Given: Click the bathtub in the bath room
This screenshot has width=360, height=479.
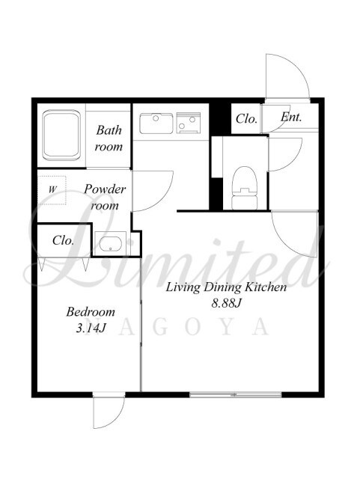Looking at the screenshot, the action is click(61, 135).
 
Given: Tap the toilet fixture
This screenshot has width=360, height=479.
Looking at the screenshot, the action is click(244, 188).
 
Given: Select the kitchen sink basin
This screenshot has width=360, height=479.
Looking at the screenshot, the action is click(156, 123).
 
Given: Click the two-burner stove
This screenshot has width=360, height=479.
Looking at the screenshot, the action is click(189, 123).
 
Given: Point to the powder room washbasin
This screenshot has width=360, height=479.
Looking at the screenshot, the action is click(110, 243).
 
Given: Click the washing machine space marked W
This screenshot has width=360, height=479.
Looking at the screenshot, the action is click(52, 190).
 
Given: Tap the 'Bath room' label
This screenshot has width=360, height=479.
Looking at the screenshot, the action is click(109, 138).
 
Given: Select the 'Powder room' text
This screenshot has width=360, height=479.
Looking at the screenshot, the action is click(105, 197).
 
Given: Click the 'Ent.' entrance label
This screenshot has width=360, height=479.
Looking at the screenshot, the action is click(291, 117).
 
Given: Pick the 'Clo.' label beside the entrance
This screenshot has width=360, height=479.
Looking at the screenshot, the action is click(246, 118).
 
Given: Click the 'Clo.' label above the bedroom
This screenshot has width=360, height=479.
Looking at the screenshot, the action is click(64, 240).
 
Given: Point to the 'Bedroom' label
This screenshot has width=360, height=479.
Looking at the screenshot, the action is click(91, 312).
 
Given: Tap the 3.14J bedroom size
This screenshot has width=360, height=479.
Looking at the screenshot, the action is click(91, 329).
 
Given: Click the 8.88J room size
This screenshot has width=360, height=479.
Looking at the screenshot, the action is click(227, 303).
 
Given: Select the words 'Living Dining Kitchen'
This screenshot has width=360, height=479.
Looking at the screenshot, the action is click(226, 287).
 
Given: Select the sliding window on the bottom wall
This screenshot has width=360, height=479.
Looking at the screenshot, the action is click(235, 394).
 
